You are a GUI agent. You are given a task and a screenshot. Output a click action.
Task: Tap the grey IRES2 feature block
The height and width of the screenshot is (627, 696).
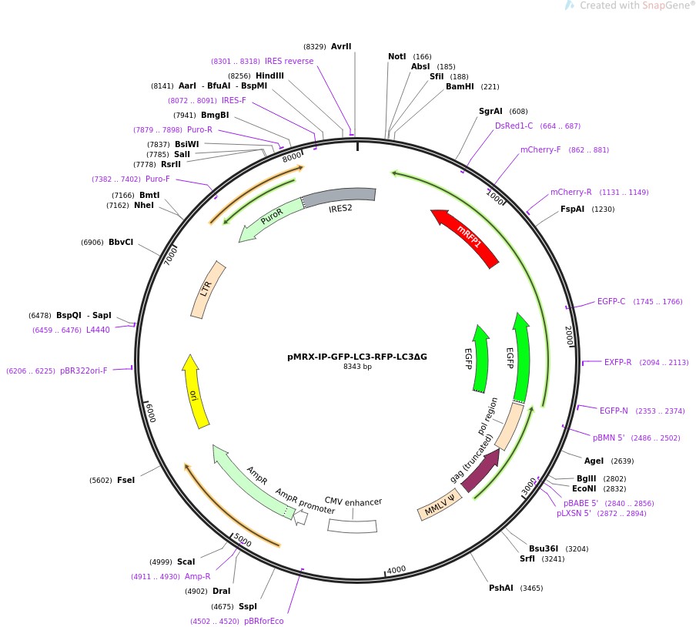point(339,196)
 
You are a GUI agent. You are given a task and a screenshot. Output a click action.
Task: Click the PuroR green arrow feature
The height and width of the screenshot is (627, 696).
point(269,218)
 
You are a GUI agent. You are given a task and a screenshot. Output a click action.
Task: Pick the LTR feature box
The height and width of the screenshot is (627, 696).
point(207,290)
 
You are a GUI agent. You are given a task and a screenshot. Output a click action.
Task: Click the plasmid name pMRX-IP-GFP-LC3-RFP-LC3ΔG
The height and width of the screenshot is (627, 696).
point(356,357)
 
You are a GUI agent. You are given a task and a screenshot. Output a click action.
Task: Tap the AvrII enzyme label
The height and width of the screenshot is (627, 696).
point(341,46)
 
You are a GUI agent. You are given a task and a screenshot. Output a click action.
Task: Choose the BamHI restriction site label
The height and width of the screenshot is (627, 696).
point(461,86)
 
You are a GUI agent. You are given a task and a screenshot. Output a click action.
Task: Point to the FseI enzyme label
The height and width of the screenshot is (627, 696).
point(125,480)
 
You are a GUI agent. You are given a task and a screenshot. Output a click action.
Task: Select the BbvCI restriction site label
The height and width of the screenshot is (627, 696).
point(121,242)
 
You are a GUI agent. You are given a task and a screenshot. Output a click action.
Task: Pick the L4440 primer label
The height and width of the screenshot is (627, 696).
point(98,330)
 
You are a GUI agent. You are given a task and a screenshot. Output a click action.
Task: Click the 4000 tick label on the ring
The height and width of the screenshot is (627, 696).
point(397,569)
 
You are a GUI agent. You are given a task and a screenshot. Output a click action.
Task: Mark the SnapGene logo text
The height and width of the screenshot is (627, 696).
point(631,5)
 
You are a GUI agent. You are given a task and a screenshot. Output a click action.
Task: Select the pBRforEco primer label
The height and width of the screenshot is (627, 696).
point(264,621)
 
